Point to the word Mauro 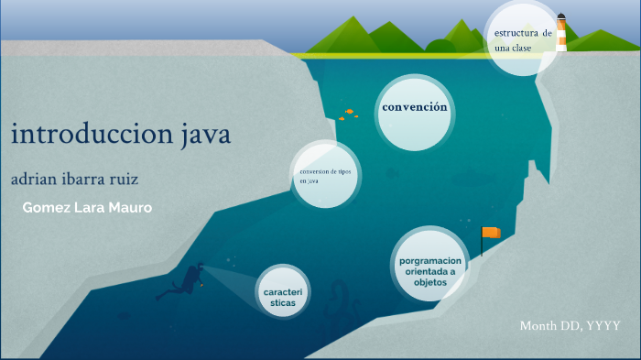click(129, 208)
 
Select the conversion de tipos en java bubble click(324, 176)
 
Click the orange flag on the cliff click(493, 233)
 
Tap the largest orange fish click(350, 113)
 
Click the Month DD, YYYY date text click(570, 326)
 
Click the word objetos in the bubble click(430, 283)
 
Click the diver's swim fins click(164, 295)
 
